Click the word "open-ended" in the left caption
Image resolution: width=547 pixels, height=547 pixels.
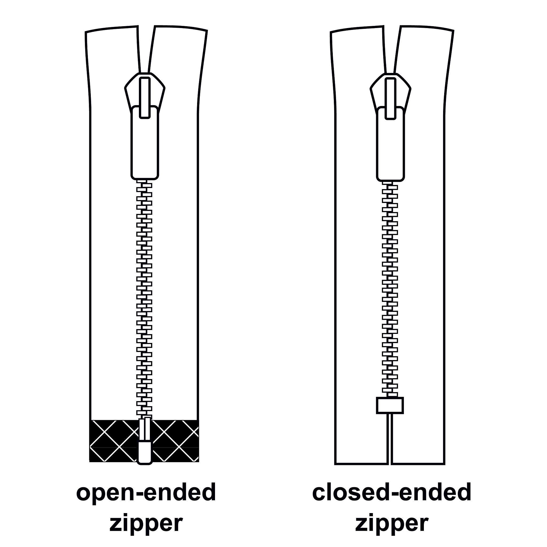tap(146, 492)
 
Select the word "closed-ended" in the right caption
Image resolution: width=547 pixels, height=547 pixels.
tap(392, 492)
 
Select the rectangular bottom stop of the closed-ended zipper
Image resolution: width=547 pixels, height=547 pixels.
tap(390, 405)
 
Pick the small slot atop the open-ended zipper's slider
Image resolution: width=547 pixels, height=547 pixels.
tap(145, 97)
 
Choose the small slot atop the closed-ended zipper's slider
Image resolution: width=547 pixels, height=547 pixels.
tap(390, 99)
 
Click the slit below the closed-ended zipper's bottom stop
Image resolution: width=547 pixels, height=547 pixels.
tap(390, 439)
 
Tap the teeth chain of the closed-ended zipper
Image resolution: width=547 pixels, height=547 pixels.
tap(390, 289)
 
